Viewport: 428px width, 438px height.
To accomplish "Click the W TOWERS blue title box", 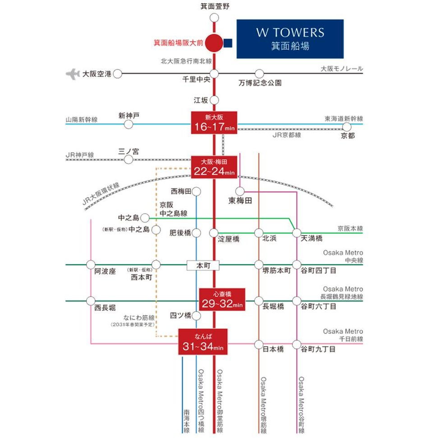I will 290,39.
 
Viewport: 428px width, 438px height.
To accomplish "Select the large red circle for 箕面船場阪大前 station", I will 214,43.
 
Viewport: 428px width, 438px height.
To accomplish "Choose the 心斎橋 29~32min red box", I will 222,300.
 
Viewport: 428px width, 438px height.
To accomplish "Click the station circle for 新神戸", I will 129,124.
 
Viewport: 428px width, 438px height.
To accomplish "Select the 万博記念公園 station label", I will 260,83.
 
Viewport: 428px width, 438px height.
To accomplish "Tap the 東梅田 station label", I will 240,201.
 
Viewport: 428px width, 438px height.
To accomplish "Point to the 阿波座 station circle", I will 91,264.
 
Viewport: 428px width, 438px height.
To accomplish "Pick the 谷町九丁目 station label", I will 319,349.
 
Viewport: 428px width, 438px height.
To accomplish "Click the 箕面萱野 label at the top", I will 215,6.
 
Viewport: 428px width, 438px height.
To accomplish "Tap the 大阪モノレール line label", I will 342,69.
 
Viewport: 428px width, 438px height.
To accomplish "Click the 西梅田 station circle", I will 196,192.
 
